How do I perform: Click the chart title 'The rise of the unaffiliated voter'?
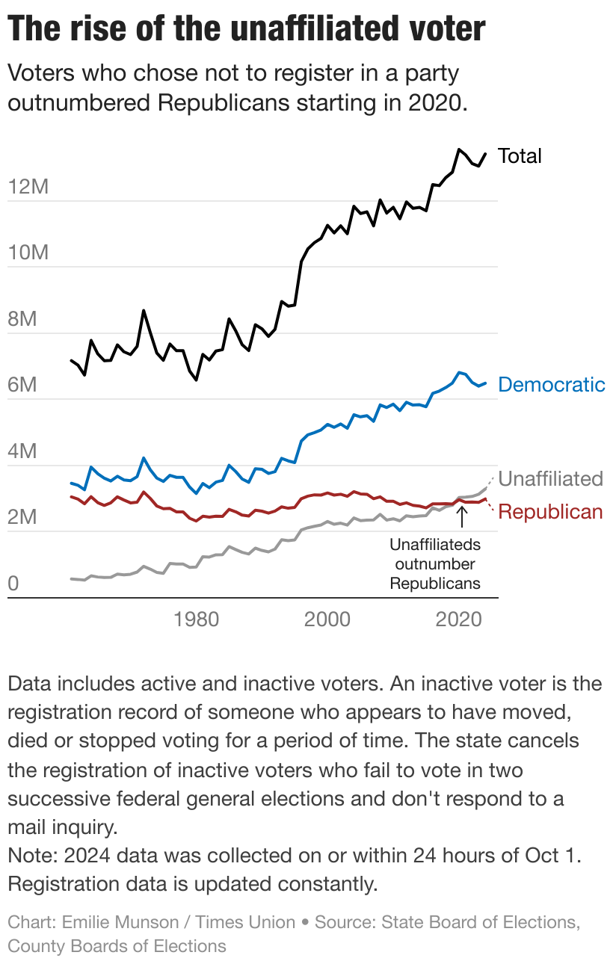tap(247, 30)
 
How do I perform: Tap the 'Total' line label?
tap(520, 155)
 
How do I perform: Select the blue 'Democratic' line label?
tap(551, 385)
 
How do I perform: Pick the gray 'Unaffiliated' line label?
tap(550, 478)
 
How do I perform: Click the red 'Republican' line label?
tap(550, 512)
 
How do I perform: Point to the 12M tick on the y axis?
tap(28, 187)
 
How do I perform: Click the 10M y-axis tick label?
tap(28, 253)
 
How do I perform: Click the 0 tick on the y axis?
tap(13, 583)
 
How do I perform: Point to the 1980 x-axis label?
tap(196, 620)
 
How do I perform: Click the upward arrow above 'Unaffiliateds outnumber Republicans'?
tap(461, 516)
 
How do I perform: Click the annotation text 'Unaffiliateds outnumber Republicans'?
tap(435, 564)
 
